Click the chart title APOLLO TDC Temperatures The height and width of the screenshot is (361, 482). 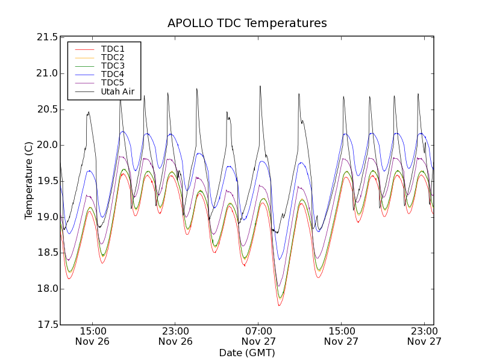247,23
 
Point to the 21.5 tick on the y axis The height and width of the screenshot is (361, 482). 47,37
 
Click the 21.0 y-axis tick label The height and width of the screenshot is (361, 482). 47,73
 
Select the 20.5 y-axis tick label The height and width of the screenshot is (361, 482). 47,110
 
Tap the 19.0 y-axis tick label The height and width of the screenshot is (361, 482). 47,217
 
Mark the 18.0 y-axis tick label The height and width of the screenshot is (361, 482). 47,289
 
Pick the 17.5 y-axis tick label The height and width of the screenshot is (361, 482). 47,325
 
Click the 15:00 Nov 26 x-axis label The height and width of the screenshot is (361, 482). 93,336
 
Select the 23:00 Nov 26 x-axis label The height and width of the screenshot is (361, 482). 176,336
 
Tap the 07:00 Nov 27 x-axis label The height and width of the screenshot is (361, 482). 259,336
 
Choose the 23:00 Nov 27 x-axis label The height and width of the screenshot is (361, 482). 425,336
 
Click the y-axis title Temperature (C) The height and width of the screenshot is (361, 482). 29,180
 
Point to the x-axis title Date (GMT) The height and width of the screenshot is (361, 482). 247,353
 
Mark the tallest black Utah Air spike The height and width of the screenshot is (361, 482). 260,87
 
